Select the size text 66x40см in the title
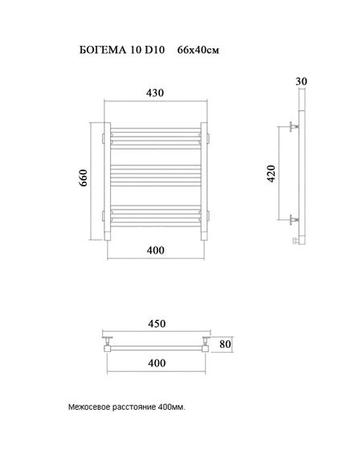tap(197, 51)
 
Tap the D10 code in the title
tap(153, 51)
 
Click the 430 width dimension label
tap(155, 93)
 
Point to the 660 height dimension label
tap(84, 180)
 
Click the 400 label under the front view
tap(155, 251)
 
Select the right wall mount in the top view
tap(206, 346)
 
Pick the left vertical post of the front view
tap(108, 182)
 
